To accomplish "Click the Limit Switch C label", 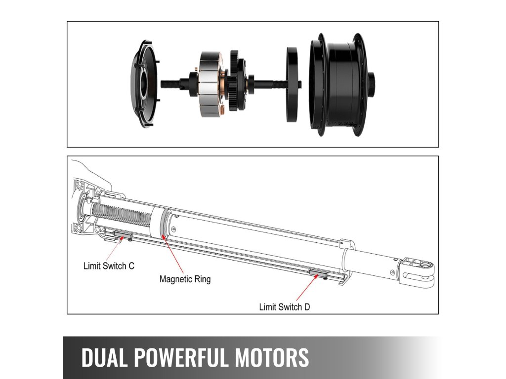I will coord(108,266).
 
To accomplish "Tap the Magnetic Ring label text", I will coord(185,279).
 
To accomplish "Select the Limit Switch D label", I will coord(285,307).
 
